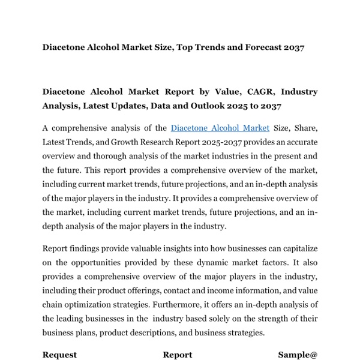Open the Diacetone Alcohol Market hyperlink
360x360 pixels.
coord(220,128)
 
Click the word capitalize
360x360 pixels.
coord(296,248)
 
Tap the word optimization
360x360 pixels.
coord(95,305)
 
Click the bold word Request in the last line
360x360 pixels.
coord(59,355)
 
